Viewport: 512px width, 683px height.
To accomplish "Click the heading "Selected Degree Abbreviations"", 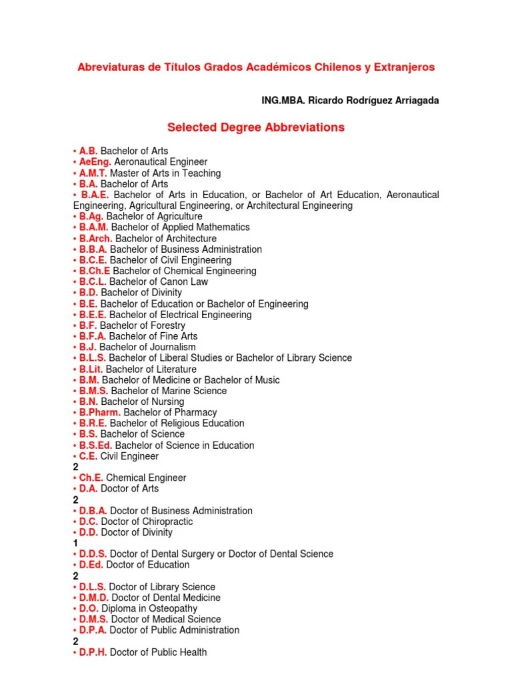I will pos(255,127).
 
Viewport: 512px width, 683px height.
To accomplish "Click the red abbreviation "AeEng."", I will pos(95,162).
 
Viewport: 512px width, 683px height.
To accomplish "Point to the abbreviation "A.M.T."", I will pos(94,173).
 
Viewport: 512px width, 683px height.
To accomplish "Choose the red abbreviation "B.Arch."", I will pos(96,238).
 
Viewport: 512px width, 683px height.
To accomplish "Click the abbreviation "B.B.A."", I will pos(93,249).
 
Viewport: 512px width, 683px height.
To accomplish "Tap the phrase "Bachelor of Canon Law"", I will pos(159,282).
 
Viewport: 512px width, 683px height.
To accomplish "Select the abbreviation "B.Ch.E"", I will pos(95,271).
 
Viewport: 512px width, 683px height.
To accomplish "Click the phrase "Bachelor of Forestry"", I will pos(143,325).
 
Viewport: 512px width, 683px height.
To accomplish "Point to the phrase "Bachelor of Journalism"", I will pos(148,347).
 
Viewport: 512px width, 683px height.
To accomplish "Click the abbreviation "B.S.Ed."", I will pos(96,445).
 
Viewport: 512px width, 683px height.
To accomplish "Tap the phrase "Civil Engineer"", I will pos(129,456).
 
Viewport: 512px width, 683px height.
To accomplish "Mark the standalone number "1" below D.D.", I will pos(75,544).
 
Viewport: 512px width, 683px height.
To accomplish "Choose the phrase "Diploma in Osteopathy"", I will pos(149,608).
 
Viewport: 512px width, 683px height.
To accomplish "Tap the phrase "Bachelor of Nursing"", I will pos(143,402).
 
